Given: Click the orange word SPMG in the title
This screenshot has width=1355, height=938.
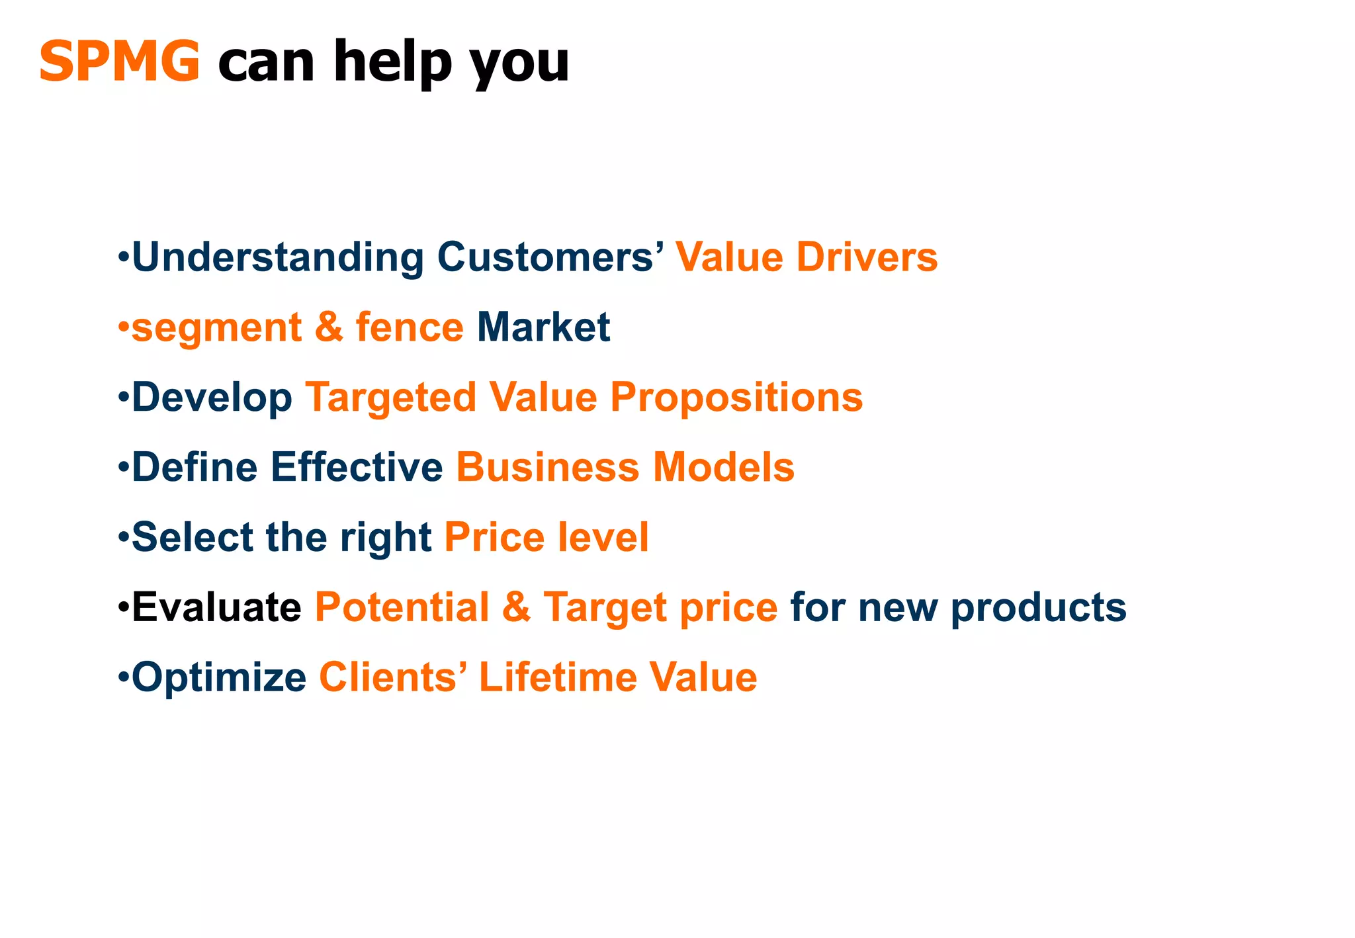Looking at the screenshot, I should pyautogui.click(x=120, y=61).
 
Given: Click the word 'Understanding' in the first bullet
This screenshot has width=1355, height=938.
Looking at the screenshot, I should pyautogui.click(x=278, y=257).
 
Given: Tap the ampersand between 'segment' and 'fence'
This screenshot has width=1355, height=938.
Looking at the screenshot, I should pyautogui.click(x=329, y=327).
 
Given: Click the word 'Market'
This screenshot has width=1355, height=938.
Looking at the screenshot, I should pyautogui.click(x=543, y=327).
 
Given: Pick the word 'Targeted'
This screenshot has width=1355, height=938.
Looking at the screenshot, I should pyautogui.click(x=390, y=398).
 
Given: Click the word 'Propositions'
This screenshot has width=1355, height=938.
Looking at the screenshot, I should pyautogui.click(x=736, y=398).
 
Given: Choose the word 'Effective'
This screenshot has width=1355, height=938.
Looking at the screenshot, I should pyautogui.click(x=357, y=467).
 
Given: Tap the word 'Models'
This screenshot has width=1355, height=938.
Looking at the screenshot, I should pyautogui.click(x=723, y=467).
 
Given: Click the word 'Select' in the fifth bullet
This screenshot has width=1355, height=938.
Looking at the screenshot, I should pyautogui.click(x=193, y=537).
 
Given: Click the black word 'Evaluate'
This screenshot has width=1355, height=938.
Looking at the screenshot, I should pyautogui.click(x=216, y=607).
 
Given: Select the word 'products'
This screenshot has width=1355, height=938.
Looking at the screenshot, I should pyautogui.click(x=1038, y=607).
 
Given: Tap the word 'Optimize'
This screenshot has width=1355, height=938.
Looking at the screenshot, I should pyautogui.click(x=219, y=677).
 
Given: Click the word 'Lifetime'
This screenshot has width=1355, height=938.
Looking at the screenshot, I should pyautogui.click(x=557, y=677).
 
